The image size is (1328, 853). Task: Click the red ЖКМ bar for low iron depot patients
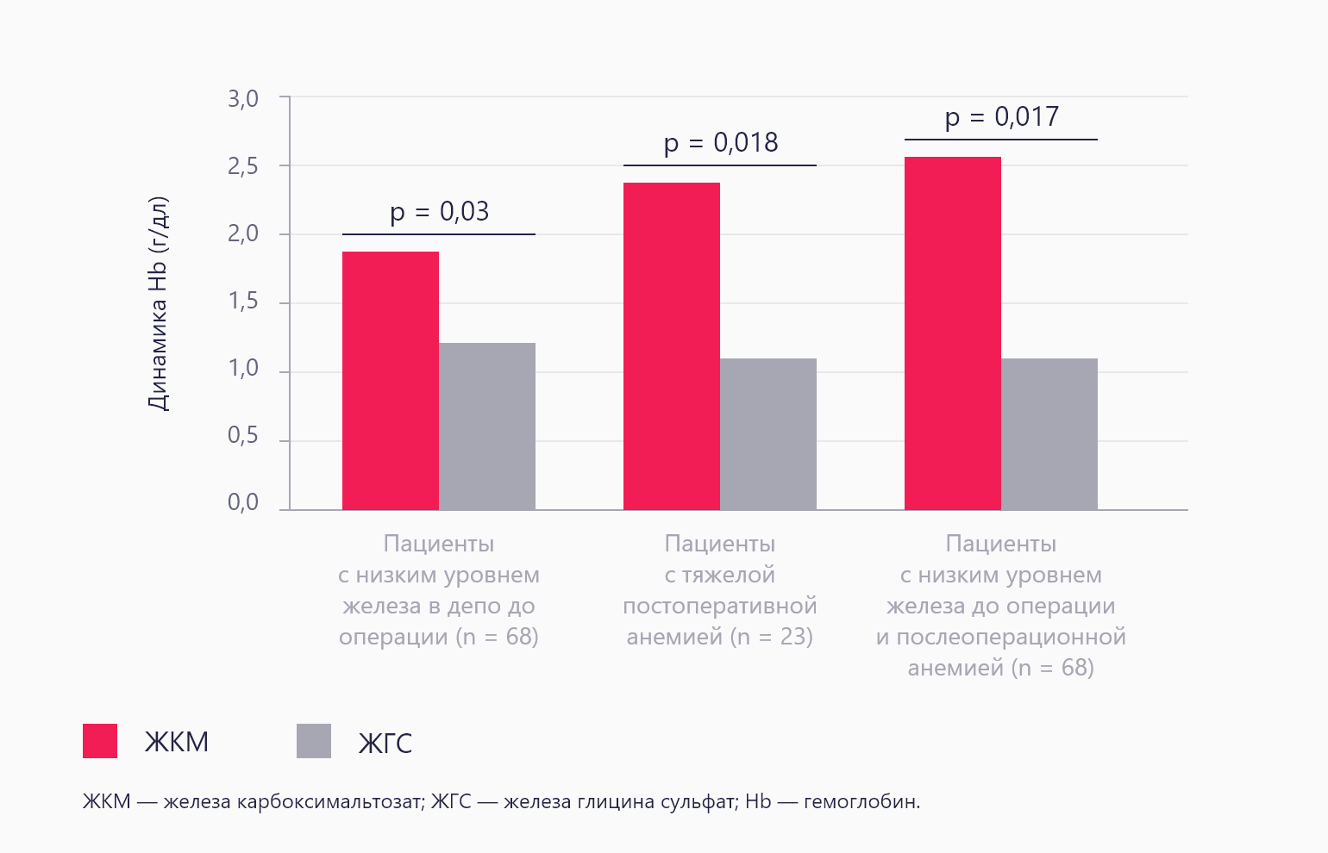(x=391, y=381)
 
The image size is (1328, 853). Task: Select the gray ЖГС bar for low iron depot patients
(x=487, y=426)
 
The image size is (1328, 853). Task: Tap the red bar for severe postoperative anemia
(x=672, y=346)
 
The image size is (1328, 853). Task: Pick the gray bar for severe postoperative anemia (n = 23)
(x=768, y=434)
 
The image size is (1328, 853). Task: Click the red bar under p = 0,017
(x=953, y=333)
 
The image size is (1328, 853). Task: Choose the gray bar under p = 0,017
(x=1049, y=434)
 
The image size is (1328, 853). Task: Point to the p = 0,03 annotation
(x=439, y=211)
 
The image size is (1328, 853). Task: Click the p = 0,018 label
(x=720, y=142)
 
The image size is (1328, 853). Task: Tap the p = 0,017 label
(x=1001, y=116)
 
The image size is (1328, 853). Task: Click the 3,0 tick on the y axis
(x=243, y=99)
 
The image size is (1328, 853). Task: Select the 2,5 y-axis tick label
(x=243, y=166)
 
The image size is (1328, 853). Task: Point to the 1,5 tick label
(x=243, y=302)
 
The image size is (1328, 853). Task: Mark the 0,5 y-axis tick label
(x=243, y=436)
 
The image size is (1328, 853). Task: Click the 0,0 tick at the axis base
(x=243, y=503)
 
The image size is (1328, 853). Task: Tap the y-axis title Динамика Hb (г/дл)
(x=159, y=303)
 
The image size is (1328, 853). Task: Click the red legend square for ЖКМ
(x=100, y=741)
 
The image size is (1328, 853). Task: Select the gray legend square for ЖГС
(x=314, y=741)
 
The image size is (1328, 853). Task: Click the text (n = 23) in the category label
(x=772, y=637)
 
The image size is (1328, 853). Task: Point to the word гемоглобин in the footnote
(x=861, y=802)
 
